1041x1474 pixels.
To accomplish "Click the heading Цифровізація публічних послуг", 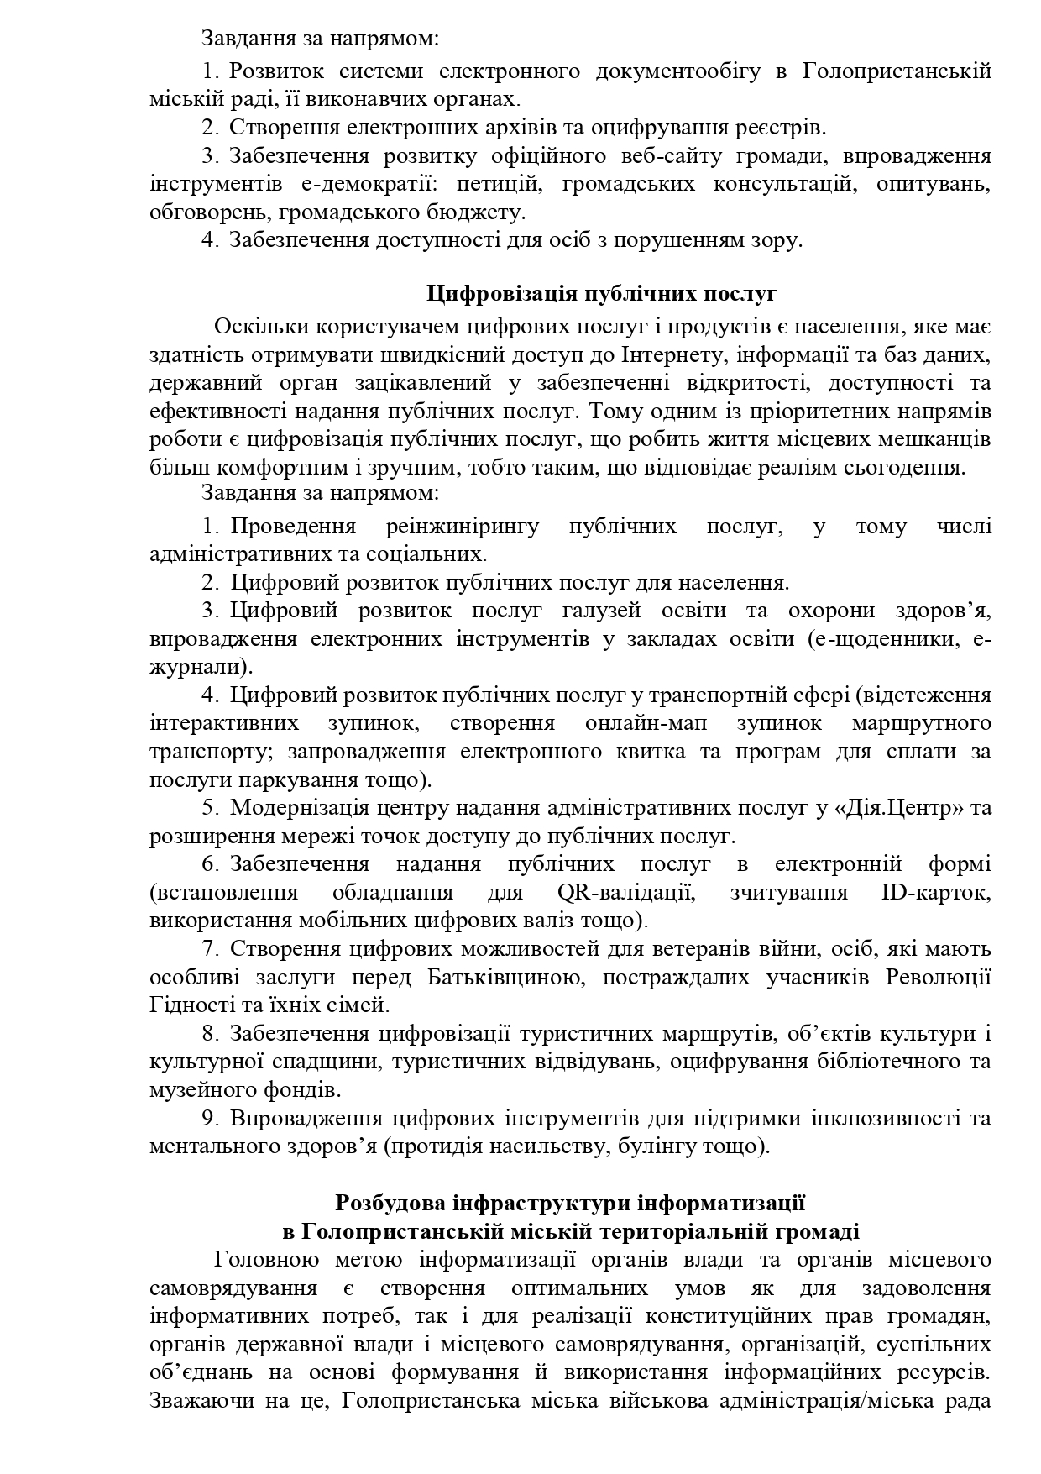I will click(x=602, y=293).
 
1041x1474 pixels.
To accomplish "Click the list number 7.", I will click(x=209, y=949).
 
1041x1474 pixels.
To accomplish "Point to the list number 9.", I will click(x=209, y=1119).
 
